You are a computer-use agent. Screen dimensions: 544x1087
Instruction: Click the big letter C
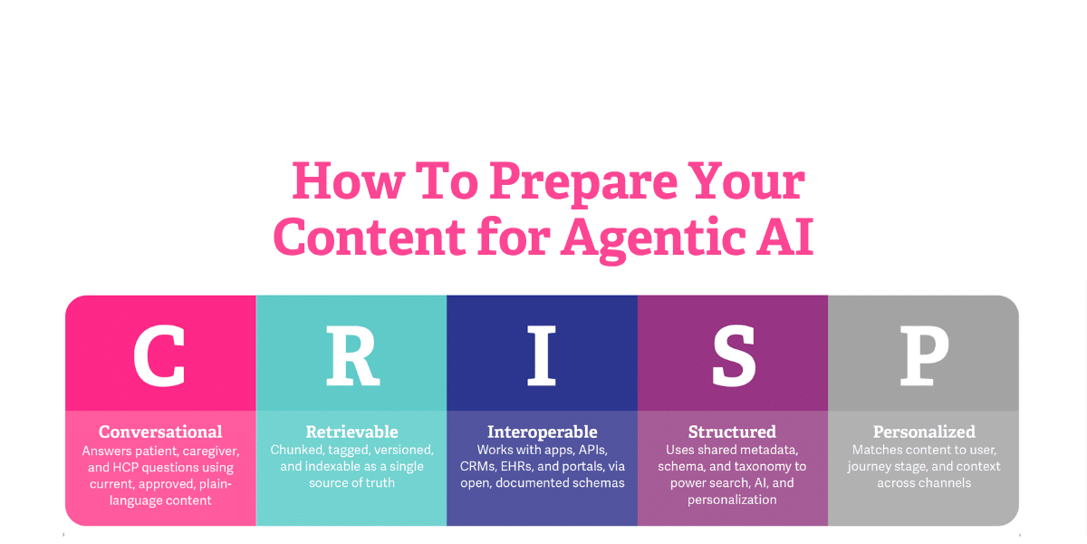[x=159, y=354]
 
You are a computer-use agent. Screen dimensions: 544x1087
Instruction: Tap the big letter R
[x=351, y=354]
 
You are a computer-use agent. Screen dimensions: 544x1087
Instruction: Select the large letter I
[x=542, y=354]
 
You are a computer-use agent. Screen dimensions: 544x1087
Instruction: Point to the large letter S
[x=733, y=354]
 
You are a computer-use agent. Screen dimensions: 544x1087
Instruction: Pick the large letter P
[x=923, y=354]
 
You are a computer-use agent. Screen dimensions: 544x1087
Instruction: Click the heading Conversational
[x=160, y=432]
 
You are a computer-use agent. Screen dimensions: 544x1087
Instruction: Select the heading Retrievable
[x=351, y=432]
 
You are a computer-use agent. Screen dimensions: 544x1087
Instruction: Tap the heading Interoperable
[x=542, y=432]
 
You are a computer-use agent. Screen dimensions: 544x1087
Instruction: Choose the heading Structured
[x=733, y=432]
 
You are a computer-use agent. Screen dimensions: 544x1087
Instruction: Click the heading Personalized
[x=924, y=432]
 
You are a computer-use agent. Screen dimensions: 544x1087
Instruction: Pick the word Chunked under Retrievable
[x=297, y=450]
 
